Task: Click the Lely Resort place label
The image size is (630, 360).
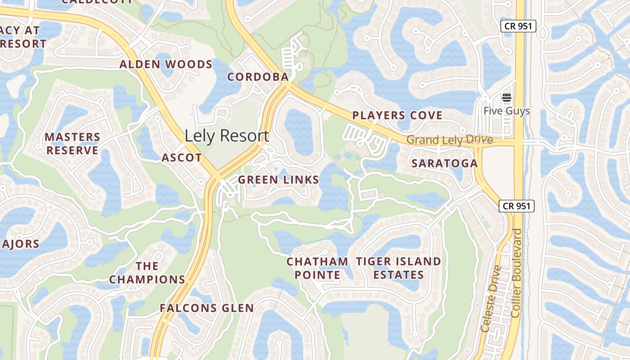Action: pos(227,136)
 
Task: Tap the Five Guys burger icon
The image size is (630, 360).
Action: pos(507,98)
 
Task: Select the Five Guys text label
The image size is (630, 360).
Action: pos(507,111)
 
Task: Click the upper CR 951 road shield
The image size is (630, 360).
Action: pos(518,26)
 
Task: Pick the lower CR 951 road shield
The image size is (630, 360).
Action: pos(517,206)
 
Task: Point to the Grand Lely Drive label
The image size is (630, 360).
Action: pos(450,140)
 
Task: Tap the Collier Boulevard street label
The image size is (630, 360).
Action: pos(517,272)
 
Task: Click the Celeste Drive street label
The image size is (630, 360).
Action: pos(491,298)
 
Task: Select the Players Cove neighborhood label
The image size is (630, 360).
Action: pos(397,116)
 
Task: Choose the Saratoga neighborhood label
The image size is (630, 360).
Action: pos(445,163)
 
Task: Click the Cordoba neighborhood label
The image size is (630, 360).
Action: pos(258,77)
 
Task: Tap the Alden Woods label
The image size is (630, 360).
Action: pos(166,64)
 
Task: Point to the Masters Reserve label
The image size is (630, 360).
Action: pos(72,144)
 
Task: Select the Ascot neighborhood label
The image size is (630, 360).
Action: pos(182,157)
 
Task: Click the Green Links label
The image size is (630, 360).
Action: pos(279,180)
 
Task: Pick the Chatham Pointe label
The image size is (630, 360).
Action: pos(318,268)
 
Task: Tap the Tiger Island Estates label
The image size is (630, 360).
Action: pos(399,268)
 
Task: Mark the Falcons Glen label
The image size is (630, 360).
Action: pos(207,308)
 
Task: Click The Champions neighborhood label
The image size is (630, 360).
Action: pos(147,273)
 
